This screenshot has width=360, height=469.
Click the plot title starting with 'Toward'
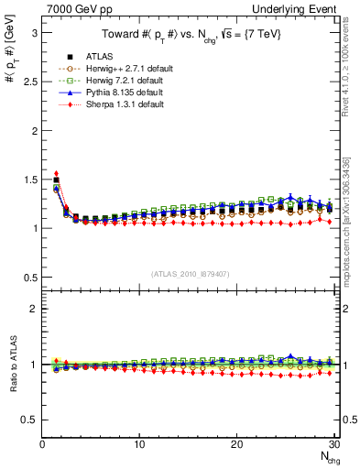point(190,36)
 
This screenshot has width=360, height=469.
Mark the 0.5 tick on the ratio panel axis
point(29,420)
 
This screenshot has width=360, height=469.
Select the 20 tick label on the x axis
point(236,444)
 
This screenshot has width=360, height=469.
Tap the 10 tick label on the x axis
point(139,444)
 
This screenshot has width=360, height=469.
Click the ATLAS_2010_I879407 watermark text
point(190,272)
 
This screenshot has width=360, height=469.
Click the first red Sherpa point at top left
point(56,172)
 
